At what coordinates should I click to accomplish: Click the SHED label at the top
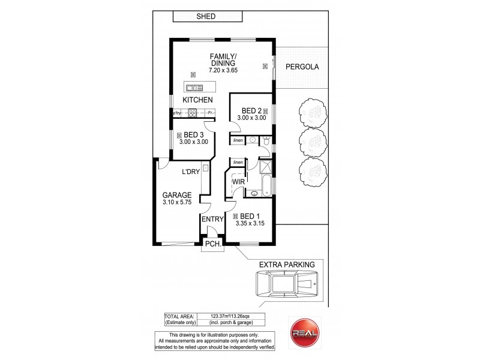tap(205, 17)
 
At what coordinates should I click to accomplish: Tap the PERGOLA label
tap(302, 67)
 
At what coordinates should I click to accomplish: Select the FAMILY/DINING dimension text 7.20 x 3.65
tap(223, 70)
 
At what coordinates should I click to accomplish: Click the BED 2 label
tap(252, 110)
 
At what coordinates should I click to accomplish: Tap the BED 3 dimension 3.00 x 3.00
tap(193, 142)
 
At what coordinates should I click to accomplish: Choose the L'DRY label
tap(191, 173)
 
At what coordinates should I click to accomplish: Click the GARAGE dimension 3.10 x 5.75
tap(176, 203)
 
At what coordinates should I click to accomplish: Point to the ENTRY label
tap(212, 220)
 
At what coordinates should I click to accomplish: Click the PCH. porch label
tap(212, 244)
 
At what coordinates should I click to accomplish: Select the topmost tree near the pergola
tap(311, 111)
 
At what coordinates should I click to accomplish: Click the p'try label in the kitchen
tap(177, 113)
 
